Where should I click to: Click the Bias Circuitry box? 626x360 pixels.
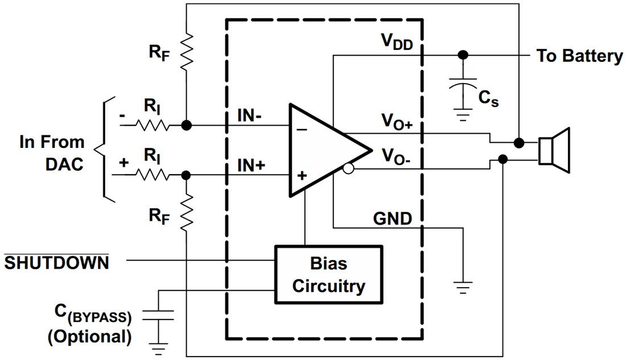coord(328,276)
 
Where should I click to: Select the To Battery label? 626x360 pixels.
coord(579,56)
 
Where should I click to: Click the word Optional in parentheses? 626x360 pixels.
coord(89,337)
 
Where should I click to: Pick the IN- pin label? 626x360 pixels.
coord(250,117)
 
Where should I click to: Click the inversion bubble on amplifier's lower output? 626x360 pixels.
coord(349,169)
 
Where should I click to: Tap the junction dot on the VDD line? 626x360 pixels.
coord(463,55)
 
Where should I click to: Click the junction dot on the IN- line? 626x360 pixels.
coord(186,125)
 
